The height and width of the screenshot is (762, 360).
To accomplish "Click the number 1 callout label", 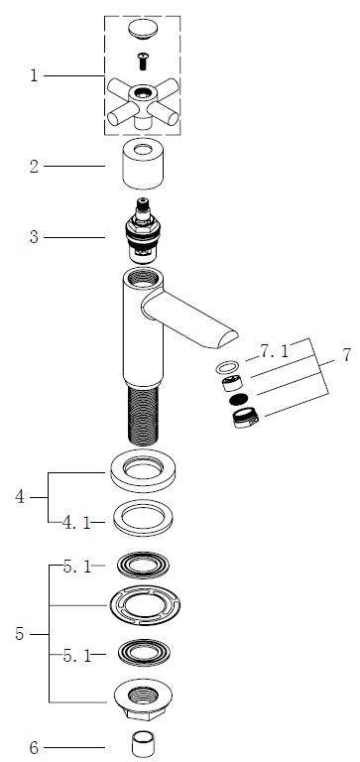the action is (x=34, y=75).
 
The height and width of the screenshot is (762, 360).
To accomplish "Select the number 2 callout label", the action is (x=34, y=167).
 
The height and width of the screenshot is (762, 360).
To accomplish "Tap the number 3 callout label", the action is (x=34, y=238).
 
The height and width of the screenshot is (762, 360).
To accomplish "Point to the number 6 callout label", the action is (x=34, y=748).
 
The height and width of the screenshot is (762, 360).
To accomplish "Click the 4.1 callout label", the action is (x=76, y=523).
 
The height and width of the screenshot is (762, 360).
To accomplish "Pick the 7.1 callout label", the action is (x=275, y=352).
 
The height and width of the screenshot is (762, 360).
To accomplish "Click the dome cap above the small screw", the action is (x=143, y=29).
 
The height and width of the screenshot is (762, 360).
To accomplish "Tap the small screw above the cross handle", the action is (x=143, y=62).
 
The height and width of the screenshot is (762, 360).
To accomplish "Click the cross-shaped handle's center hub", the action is (x=143, y=93).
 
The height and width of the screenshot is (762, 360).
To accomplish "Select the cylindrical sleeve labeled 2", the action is (x=143, y=164).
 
